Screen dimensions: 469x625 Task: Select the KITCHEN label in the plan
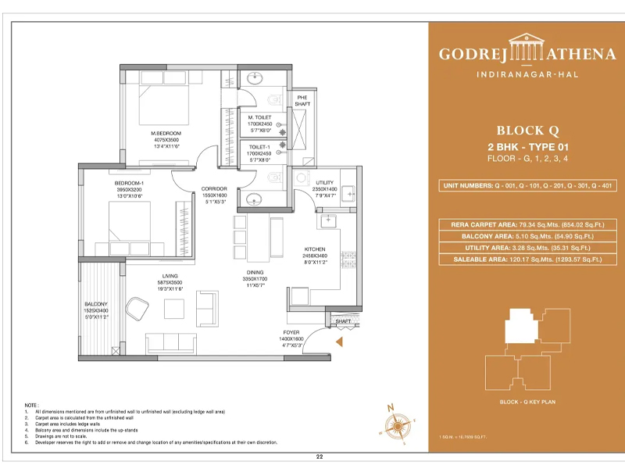pyautogui.click(x=314, y=249)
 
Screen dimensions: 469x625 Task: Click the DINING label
pyautogui.click(x=255, y=272)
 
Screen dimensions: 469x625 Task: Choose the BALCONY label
pyautogui.click(x=96, y=303)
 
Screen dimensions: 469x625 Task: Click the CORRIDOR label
pyautogui.click(x=213, y=188)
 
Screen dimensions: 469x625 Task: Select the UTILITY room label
pyautogui.click(x=302, y=182)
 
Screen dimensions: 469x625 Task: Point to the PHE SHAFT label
pyautogui.click(x=302, y=100)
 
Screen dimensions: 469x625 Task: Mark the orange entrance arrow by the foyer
pyautogui.click(x=338, y=342)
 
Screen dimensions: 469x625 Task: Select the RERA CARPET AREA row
pyautogui.click(x=525, y=224)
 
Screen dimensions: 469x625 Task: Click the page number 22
pyautogui.click(x=319, y=456)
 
